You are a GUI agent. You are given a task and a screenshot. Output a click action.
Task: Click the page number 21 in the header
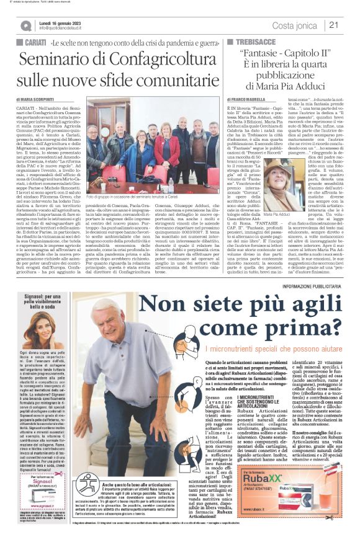333,25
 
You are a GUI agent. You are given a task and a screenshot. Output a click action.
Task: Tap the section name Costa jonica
294,25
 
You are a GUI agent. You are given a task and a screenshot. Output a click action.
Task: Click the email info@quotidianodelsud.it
66,28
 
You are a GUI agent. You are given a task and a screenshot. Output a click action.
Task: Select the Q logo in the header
26,25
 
